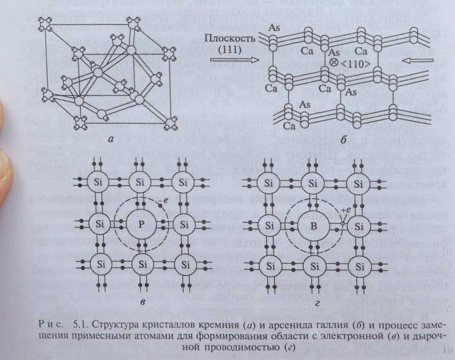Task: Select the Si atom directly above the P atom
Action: click(x=142, y=183)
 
